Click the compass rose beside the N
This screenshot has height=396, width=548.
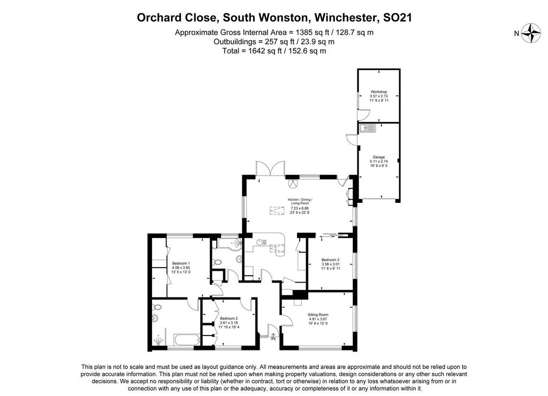click(x=531, y=33)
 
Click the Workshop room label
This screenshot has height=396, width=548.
click(x=379, y=92)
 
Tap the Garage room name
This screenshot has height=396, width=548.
click(x=379, y=157)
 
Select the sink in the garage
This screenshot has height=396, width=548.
click(x=366, y=128)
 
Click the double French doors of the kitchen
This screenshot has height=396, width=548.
click(x=270, y=168)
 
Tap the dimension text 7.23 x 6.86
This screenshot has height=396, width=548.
click(x=300, y=208)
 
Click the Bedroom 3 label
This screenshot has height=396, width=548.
click(x=330, y=260)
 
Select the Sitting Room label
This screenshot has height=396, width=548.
click(x=318, y=315)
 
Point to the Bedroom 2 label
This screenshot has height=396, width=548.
click(x=229, y=318)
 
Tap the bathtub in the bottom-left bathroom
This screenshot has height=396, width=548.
click(x=187, y=339)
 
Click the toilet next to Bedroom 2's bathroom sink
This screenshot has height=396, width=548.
click(x=157, y=307)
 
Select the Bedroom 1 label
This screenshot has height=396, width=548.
click(x=181, y=263)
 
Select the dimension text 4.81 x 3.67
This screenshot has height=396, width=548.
click(x=318, y=319)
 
